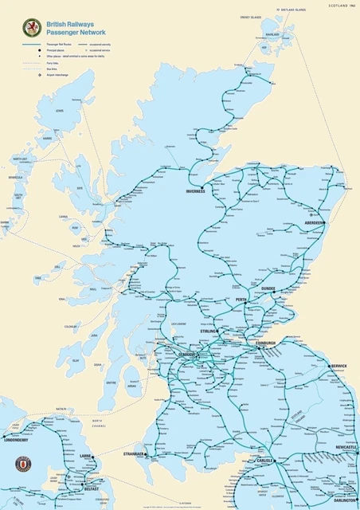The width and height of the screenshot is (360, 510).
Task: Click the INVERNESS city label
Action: [x=196, y=191]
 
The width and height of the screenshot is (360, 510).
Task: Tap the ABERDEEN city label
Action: [x=315, y=223]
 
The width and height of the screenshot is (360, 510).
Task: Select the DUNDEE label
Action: [x=268, y=289]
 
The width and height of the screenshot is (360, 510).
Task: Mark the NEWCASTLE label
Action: [x=346, y=448]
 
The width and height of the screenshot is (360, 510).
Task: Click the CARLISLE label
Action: [x=265, y=461]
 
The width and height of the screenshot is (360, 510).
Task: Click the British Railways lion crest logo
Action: [x=33, y=28]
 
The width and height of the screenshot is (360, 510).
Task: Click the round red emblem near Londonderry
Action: [x=25, y=464]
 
